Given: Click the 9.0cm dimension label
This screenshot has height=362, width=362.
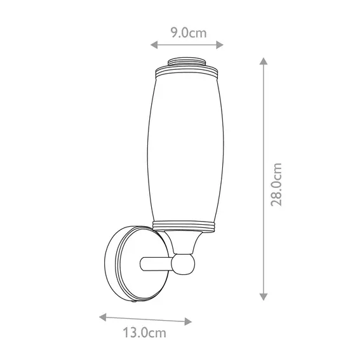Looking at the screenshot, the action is (x=189, y=33).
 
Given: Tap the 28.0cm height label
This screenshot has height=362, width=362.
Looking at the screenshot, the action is (x=276, y=184).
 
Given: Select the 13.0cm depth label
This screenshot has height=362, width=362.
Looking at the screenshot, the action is (x=144, y=333).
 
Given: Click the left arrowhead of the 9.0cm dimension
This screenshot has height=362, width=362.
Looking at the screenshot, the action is (x=154, y=45).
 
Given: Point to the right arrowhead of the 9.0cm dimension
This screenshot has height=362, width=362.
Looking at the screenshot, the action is (x=220, y=45).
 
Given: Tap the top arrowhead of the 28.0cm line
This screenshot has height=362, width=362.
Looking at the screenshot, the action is (x=264, y=61).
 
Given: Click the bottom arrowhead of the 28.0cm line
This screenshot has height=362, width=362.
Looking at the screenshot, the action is (x=264, y=297).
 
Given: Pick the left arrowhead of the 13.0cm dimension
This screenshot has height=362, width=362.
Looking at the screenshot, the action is (x=103, y=317).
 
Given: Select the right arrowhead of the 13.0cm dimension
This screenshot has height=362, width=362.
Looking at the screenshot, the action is (x=188, y=321).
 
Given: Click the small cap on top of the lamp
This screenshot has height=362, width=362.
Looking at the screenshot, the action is (x=187, y=61).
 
